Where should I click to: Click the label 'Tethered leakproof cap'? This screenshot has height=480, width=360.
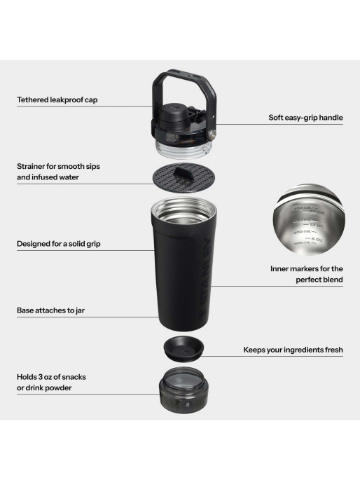[57, 100]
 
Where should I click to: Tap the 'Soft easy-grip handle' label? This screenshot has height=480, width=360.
[305, 118]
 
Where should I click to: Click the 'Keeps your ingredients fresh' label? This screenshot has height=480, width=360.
[293, 349]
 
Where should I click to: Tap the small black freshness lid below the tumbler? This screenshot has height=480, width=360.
[181, 348]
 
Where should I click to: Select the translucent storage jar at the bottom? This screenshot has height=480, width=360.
[181, 393]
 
